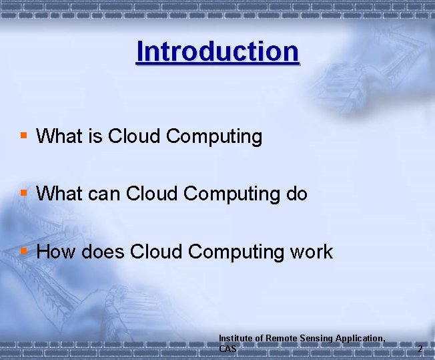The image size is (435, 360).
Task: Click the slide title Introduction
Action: (217, 51)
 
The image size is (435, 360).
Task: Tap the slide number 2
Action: (420, 349)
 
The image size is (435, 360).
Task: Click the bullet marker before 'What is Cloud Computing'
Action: (24, 136)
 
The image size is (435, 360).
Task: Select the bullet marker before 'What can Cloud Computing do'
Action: (24, 193)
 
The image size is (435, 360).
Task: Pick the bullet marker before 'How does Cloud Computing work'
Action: (24, 250)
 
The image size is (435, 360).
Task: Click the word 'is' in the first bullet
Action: (94, 137)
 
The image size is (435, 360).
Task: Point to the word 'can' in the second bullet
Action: (101, 194)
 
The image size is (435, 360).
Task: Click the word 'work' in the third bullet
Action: (311, 252)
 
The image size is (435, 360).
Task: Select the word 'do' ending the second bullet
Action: (296, 194)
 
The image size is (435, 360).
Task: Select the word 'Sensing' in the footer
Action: (316, 339)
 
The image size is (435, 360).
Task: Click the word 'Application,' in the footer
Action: (360, 339)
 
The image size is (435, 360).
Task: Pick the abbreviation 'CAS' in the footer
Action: (228, 349)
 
